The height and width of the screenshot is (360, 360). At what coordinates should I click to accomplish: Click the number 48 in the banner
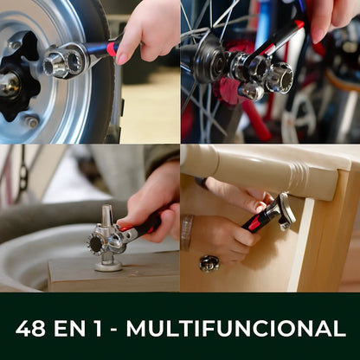pos(30,328)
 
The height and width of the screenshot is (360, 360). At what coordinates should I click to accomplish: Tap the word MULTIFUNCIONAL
pos(236,328)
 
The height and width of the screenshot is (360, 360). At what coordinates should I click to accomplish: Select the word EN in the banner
pos(70,328)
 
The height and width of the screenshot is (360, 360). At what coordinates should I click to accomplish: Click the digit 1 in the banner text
pos(99,328)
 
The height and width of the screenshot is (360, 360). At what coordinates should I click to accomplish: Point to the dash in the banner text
pos(114,330)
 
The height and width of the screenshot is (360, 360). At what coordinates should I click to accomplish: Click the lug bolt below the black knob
pos(32,122)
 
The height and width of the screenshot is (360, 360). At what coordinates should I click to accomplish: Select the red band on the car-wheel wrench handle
pos(112,48)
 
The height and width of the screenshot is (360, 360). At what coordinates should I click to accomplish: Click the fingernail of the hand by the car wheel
pos(122,58)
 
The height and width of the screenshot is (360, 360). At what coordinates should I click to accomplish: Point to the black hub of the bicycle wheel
pos(209,60)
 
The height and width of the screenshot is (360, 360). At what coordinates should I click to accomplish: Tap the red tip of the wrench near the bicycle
pos(299,24)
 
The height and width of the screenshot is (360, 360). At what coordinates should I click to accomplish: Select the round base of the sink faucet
pos(108,266)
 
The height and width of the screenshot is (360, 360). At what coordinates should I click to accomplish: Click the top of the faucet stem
pos(106,208)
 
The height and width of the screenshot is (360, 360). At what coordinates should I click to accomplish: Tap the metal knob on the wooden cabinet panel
pos(209,263)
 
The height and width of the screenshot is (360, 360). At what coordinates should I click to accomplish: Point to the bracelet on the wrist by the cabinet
pos(187,233)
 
